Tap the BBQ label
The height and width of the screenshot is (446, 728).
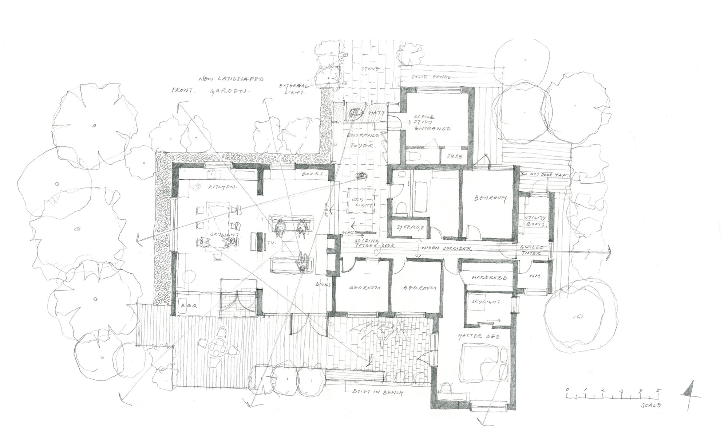[189, 306]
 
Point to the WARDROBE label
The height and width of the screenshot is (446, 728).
[484, 278]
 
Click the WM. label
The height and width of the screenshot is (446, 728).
[535, 277]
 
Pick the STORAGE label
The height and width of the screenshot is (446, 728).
[409, 228]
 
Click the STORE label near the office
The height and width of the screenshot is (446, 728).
[454, 157]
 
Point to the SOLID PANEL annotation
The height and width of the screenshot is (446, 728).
[432, 77]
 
